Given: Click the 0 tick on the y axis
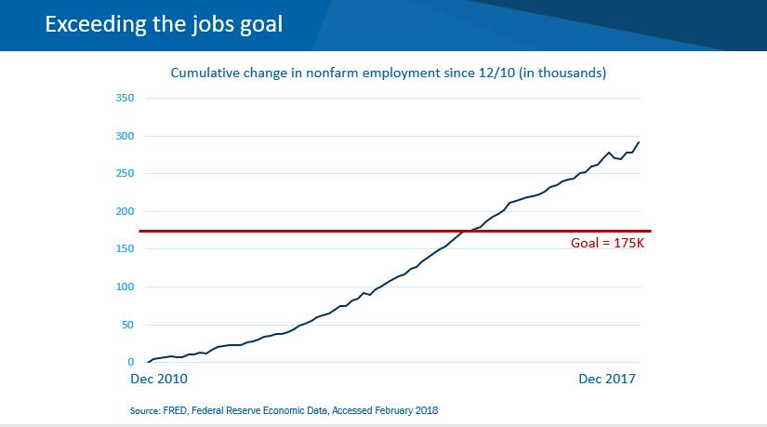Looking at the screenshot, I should [131, 363].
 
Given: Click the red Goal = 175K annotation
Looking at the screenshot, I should [607, 243].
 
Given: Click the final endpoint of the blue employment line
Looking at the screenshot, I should [640, 142].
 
